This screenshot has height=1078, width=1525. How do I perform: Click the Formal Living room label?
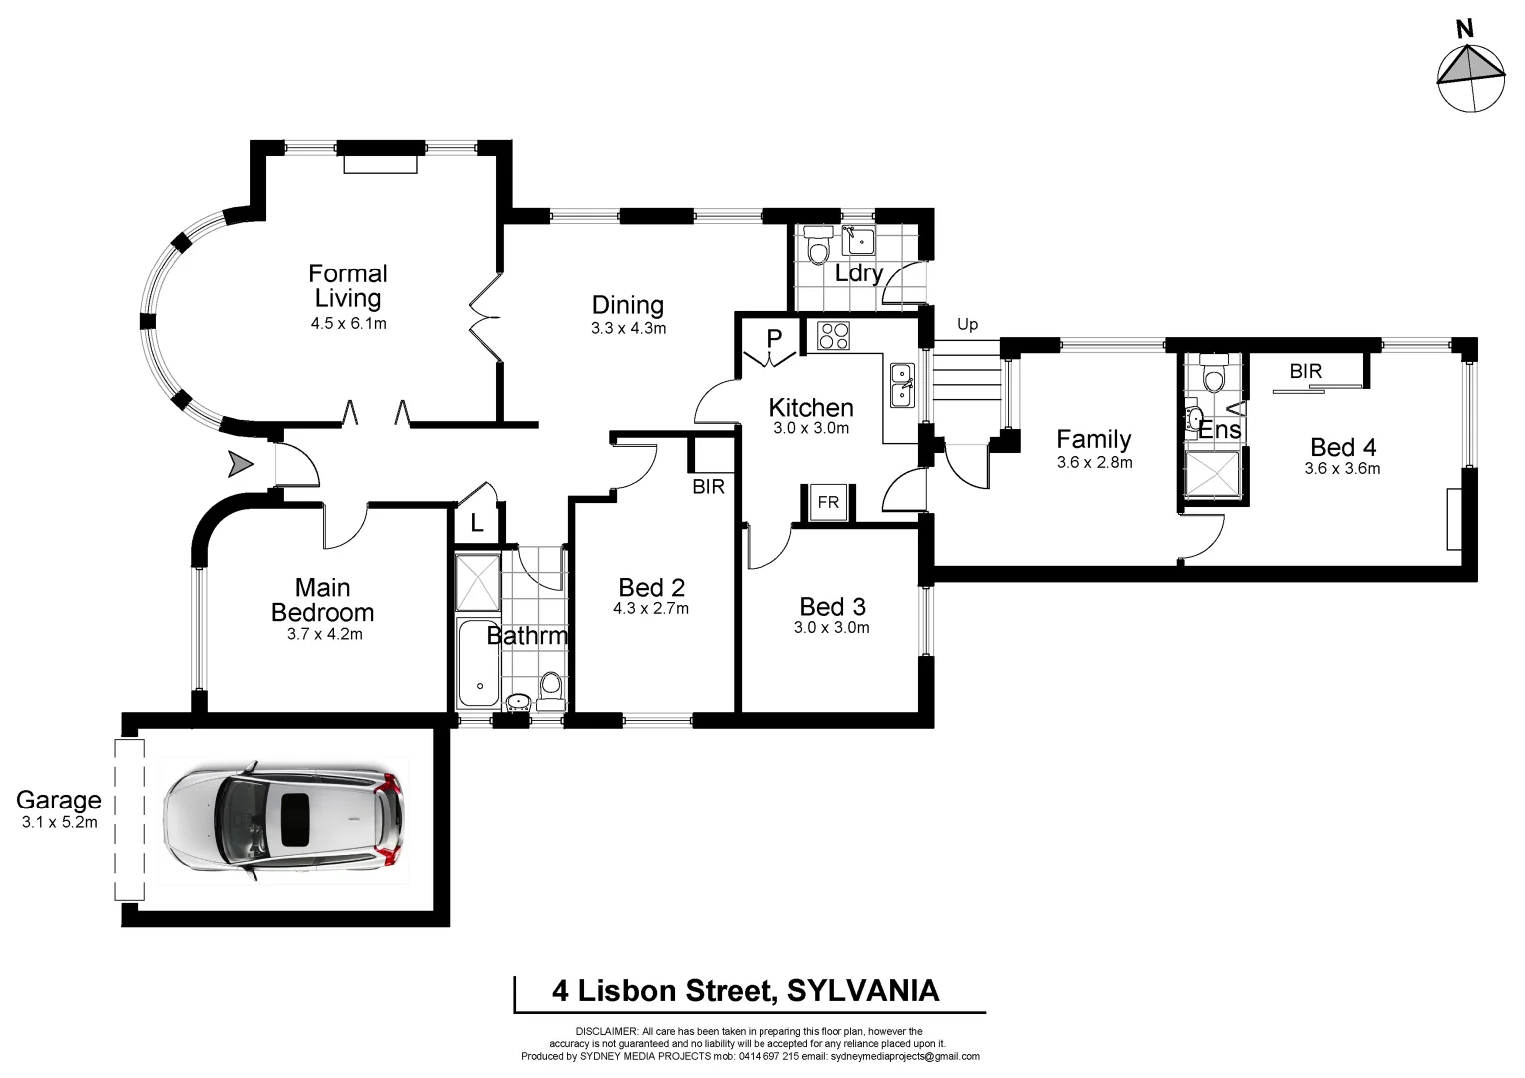point(347,285)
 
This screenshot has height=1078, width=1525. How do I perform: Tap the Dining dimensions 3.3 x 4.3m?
point(628,328)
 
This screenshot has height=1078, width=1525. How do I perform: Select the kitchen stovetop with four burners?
point(833,336)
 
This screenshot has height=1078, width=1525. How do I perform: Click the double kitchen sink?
point(901,384)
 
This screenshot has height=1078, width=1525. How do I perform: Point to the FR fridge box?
point(828,503)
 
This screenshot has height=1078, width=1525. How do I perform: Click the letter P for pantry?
point(774,339)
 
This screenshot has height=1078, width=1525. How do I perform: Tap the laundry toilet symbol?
point(818,245)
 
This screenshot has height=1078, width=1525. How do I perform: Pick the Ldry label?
point(858,272)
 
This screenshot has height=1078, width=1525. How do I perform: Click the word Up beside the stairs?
point(967,324)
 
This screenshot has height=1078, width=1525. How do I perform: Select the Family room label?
point(1094,439)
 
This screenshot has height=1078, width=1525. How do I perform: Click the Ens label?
point(1220,430)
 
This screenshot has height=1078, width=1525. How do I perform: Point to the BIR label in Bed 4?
point(1305,371)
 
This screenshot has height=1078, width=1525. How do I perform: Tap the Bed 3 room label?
point(832,606)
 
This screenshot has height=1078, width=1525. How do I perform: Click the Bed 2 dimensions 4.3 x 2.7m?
point(651,608)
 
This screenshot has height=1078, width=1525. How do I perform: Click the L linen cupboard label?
point(477,522)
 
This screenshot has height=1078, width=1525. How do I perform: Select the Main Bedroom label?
point(322,600)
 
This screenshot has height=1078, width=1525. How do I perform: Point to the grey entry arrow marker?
point(240,464)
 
